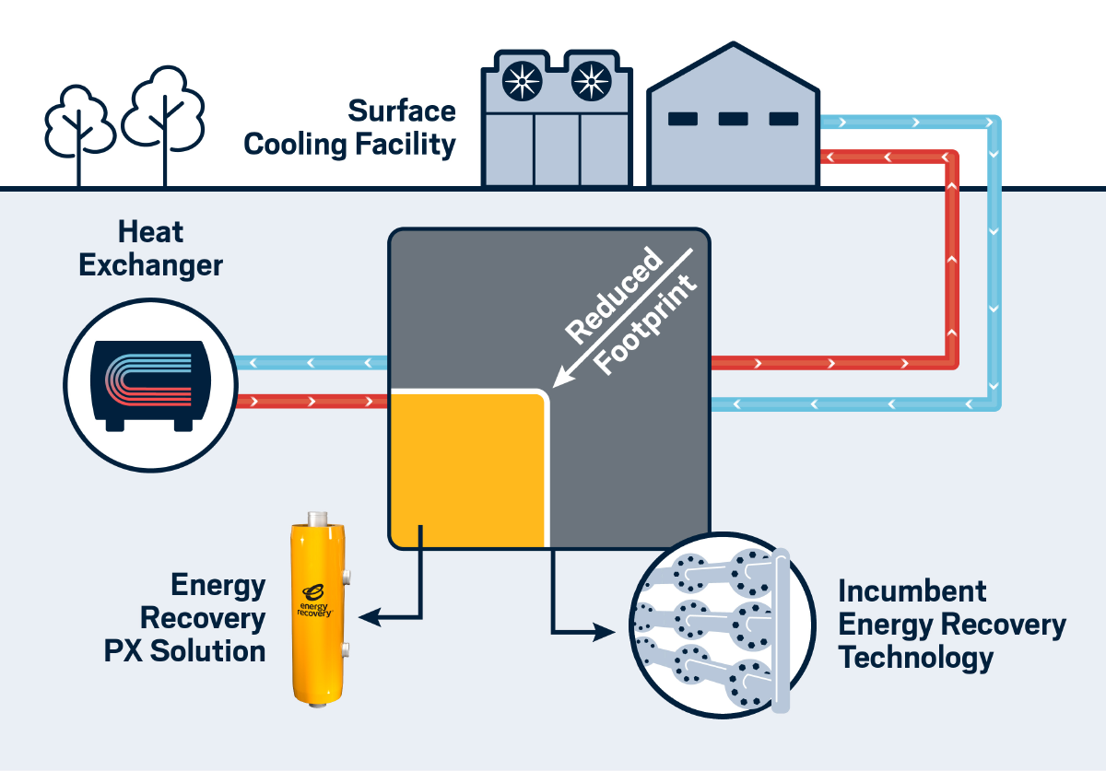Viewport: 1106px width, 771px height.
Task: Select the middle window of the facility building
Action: tap(733, 118)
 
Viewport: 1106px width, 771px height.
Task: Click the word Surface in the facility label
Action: tap(402, 111)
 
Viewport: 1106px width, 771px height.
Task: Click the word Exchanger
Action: tap(150, 265)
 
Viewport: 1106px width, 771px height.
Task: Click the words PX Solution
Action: tap(184, 650)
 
